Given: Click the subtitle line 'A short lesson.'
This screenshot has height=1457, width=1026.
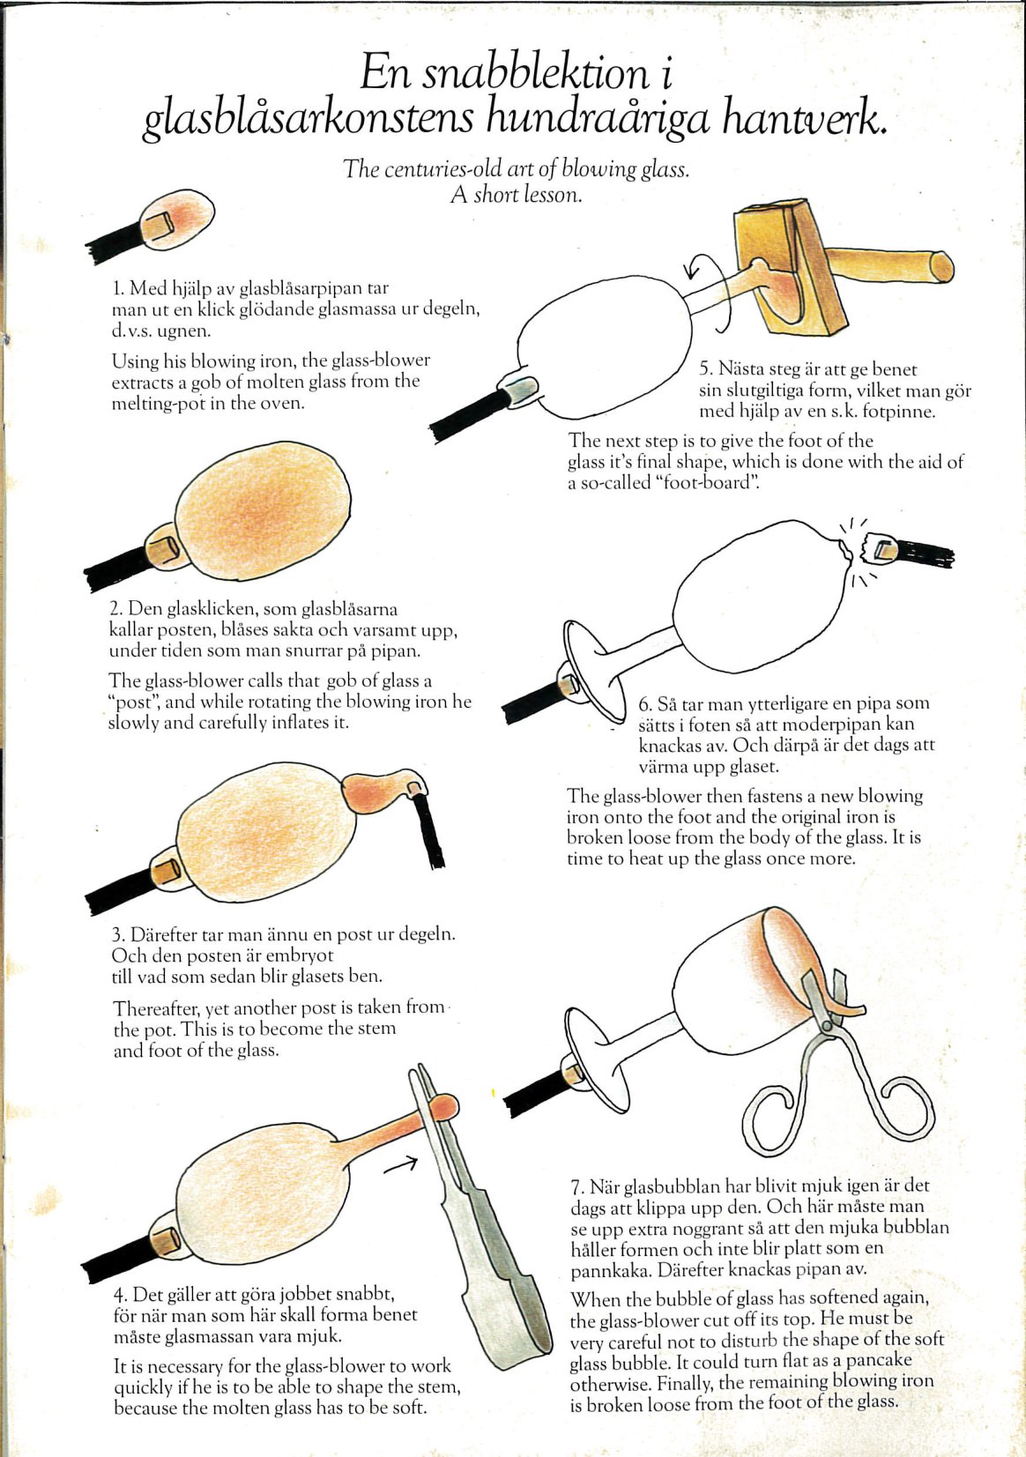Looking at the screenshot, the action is [x=516, y=195].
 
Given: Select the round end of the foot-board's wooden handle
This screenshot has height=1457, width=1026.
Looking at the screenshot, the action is [x=942, y=267].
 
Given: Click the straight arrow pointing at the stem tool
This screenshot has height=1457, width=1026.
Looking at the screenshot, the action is [x=400, y=1163].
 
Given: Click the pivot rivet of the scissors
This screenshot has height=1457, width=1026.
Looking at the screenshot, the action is [x=827, y=1026].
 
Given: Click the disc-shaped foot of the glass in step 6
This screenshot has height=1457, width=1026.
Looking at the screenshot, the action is [x=591, y=672].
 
